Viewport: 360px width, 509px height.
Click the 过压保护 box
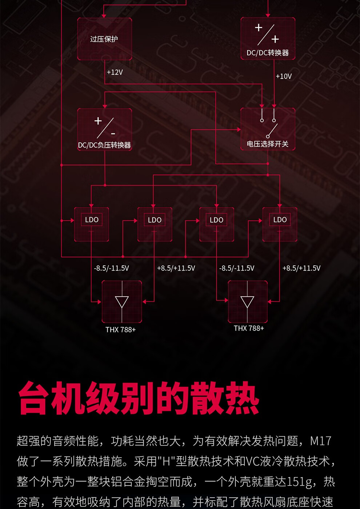tap(104, 39)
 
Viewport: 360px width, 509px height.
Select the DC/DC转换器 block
tap(268, 39)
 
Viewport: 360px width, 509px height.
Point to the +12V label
tap(115, 72)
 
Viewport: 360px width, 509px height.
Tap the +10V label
tap(284, 76)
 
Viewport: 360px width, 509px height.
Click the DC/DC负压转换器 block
tap(104, 129)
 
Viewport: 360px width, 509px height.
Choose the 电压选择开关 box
tap(268, 129)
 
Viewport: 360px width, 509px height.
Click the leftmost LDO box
tap(92, 224)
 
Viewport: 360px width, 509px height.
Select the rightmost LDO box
tap(280, 224)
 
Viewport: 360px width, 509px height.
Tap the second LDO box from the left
tap(155, 224)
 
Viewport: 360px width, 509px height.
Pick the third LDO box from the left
tap(217, 224)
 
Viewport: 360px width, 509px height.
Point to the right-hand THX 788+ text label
tap(249, 328)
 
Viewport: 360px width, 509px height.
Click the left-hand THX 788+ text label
tap(120, 330)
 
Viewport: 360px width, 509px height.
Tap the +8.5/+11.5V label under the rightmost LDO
tap(301, 268)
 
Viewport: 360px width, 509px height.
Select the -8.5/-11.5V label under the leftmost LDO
tap(111, 268)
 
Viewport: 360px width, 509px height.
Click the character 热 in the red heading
tap(242, 398)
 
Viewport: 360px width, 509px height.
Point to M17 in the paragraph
tap(320, 441)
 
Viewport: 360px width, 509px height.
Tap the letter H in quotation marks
tap(167, 461)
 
